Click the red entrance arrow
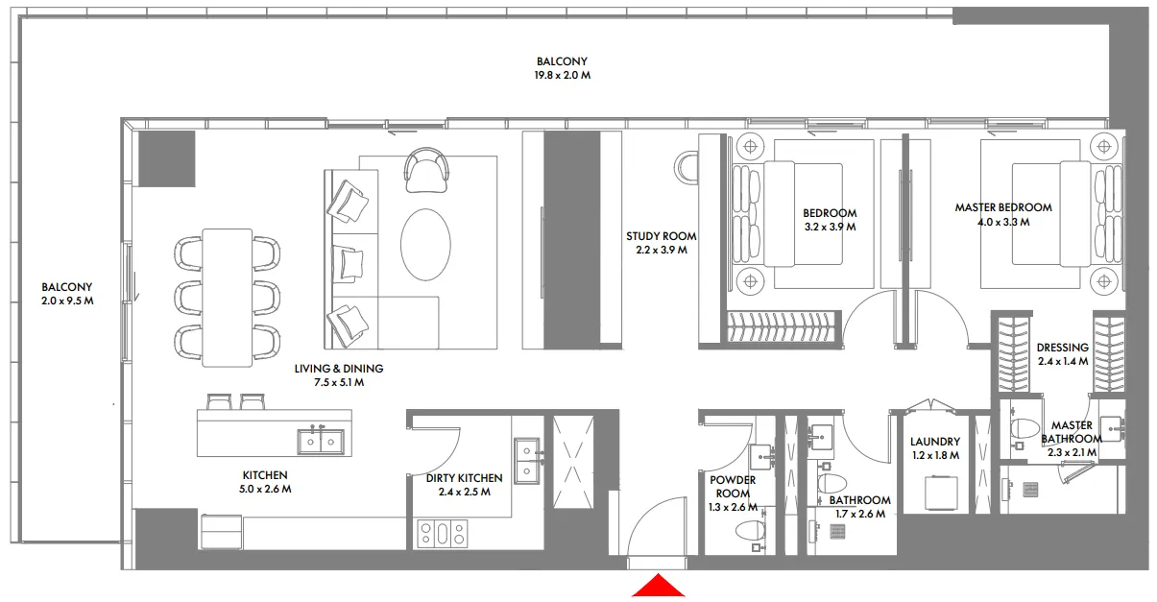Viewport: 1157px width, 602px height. [x=658, y=586]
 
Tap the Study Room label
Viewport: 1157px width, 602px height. [x=661, y=236]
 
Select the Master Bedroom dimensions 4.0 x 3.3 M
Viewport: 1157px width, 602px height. [x=1002, y=222]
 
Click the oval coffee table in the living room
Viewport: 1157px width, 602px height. [x=424, y=243]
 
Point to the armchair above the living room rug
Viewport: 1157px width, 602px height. [x=426, y=169]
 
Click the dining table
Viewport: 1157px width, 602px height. [x=228, y=297]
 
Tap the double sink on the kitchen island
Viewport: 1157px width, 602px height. [x=319, y=441]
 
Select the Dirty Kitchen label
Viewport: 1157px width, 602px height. [x=464, y=478]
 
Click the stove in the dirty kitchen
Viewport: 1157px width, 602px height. [x=443, y=533]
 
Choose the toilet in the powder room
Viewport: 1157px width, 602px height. [x=752, y=530]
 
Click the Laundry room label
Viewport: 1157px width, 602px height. [x=934, y=443]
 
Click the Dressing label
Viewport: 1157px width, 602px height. [x=1062, y=348]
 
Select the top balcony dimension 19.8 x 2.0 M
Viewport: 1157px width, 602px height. [x=563, y=75]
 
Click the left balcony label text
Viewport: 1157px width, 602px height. [x=67, y=287]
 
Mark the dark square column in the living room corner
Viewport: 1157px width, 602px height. [x=166, y=159]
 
